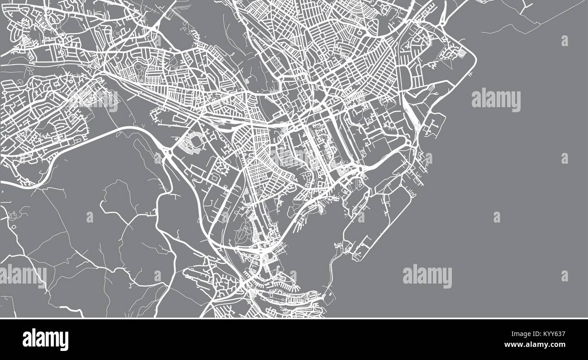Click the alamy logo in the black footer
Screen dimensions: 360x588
coord(45,339)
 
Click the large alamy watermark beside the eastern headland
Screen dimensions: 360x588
coord(496,100)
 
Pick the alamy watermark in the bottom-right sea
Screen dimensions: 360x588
coord(427,276)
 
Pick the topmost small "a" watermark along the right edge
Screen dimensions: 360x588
coord(564,41)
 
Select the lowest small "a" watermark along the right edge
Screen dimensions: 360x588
coord(564,275)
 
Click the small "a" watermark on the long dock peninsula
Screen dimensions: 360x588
coord(360,218)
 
